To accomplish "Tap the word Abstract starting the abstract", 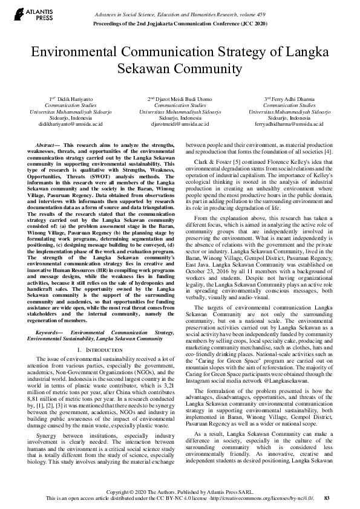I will click(x=47, y=146).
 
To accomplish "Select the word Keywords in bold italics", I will click(x=48, y=332).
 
